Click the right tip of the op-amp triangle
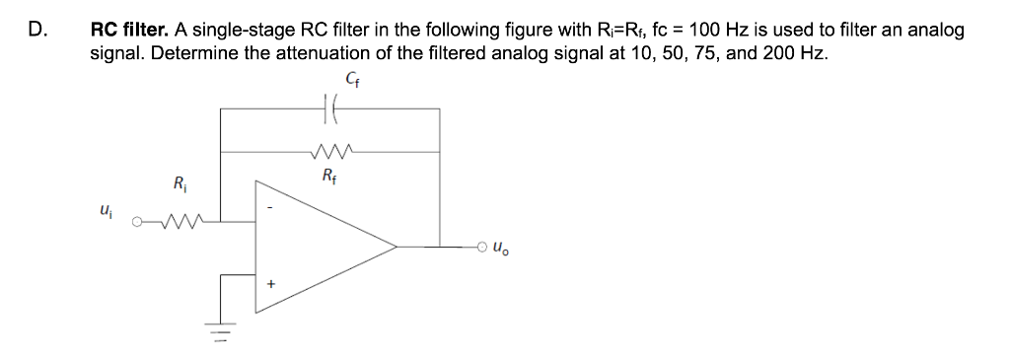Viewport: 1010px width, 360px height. [x=397, y=245]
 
